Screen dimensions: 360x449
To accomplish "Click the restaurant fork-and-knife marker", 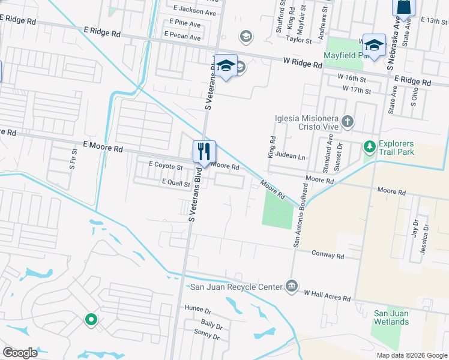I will [x=204, y=151].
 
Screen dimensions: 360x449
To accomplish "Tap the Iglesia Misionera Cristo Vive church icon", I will [x=347, y=122].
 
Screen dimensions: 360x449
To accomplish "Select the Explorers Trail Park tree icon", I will [x=370, y=146].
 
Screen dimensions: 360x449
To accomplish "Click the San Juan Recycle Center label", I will [x=236, y=287].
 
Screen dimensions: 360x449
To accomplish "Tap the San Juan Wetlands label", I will [x=392, y=317].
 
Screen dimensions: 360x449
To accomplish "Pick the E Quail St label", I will [x=175, y=183].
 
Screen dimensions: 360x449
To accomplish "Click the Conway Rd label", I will [x=328, y=255].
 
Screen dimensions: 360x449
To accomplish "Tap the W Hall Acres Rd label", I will [x=327, y=295].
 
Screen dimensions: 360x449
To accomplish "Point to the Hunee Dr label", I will [x=199, y=310].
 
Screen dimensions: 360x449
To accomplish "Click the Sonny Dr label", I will [x=208, y=337].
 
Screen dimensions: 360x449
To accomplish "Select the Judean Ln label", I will [x=292, y=156].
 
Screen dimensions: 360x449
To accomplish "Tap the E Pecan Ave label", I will [x=184, y=37].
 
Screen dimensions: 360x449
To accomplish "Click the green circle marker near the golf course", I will [x=91, y=319].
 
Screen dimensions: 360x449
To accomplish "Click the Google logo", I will [x=20, y=353].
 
